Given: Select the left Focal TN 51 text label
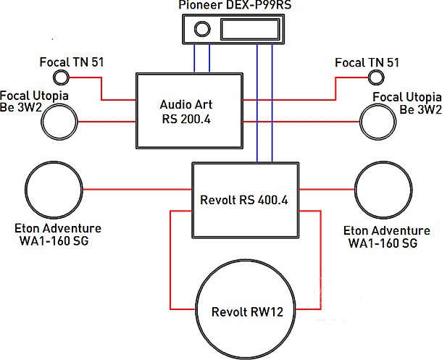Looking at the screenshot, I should tap(72, 62).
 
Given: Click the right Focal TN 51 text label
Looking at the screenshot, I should tap(367, 63).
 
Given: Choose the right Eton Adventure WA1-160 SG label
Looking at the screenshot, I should tap(381, 236).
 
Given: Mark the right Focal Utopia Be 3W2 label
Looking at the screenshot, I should tap(406, 102).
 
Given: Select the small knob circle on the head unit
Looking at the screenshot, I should tap(201, 30).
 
